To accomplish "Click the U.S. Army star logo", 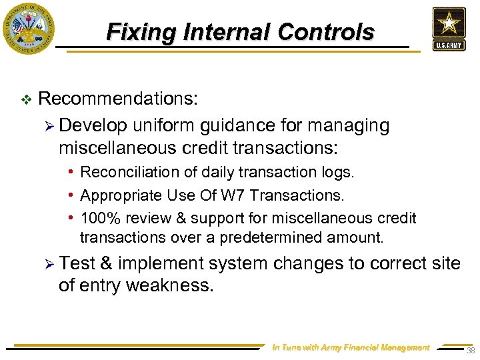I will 449,29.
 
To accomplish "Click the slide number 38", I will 470,351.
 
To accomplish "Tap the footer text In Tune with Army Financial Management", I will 351,347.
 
